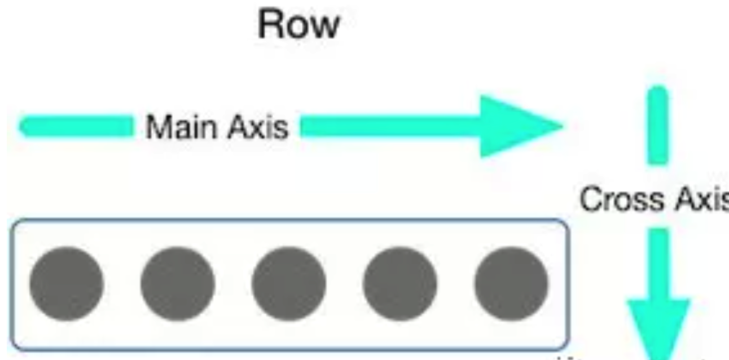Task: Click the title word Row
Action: tap(299, 25)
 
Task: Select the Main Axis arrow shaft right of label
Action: tap(389, 126)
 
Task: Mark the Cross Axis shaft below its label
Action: tap(657, 260)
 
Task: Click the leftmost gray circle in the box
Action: tap(66, 283)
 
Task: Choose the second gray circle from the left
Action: tap(177, 283)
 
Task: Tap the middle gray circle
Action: tap(288, 283)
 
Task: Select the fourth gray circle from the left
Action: tap(399, 283)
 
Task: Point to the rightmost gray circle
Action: tap(511, 283)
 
